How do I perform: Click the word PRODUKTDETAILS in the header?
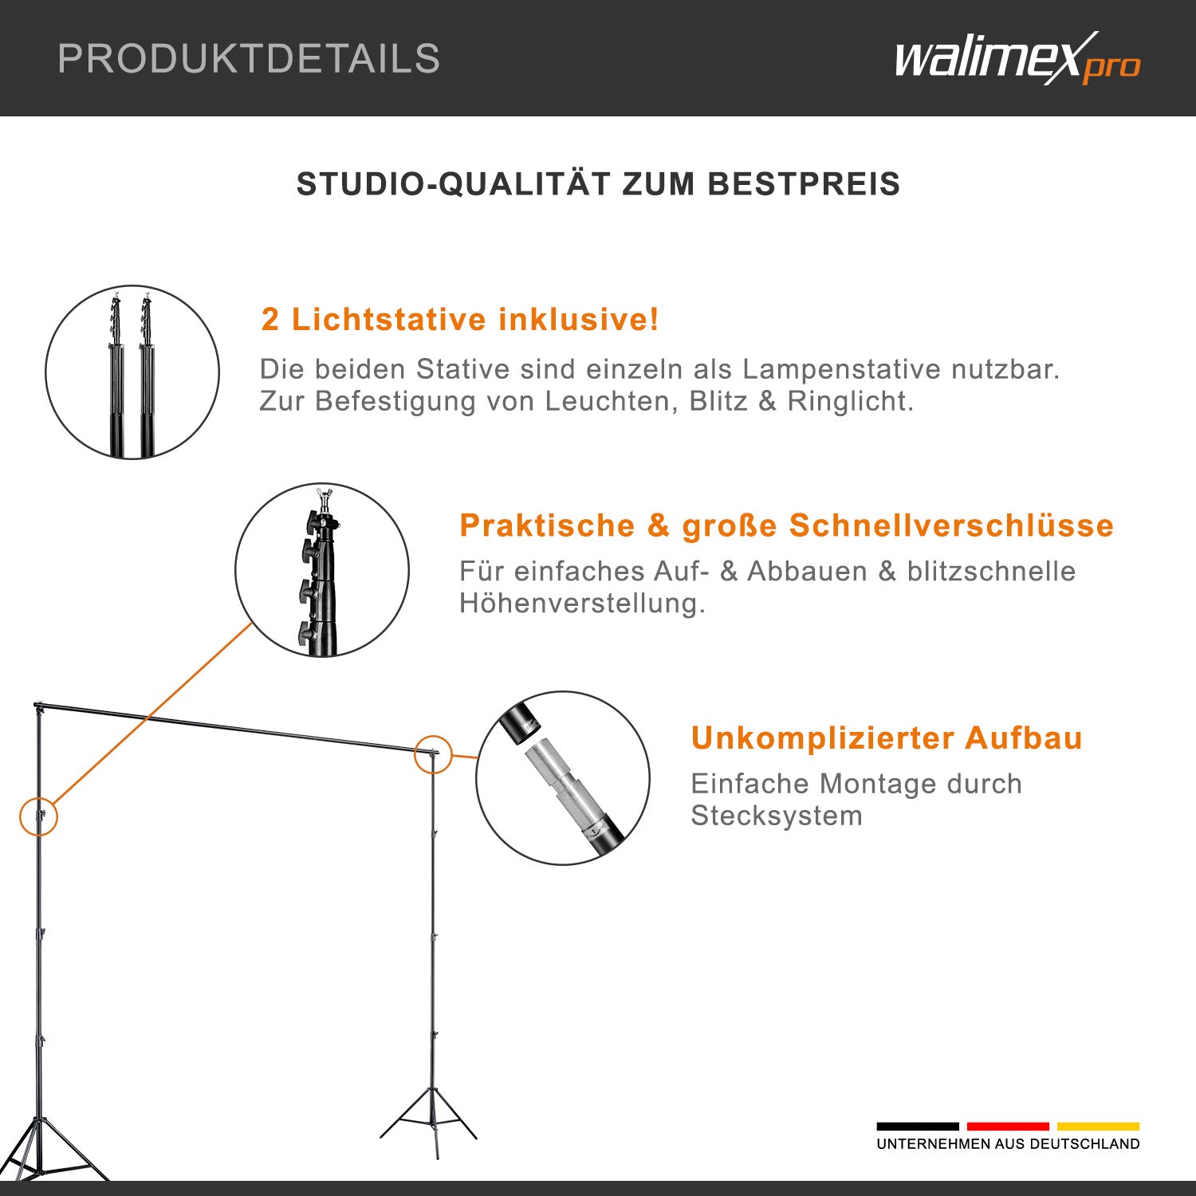(x=249, y=59)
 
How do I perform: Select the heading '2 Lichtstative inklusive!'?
(x=460, y=320)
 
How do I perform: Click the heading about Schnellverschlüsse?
(x=785, y=525)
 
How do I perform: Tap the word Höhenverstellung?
(x=581, y=604)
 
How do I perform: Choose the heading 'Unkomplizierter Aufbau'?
(x=886, y=738)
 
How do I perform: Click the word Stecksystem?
(x=776, y=816)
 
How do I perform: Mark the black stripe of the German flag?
(x=917, y=1127)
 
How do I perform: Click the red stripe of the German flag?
(x=1008, y=1127)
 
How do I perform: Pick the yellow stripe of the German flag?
(x=1098, y=1127)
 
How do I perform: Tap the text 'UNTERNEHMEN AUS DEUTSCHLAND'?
(x=1008, y=1144)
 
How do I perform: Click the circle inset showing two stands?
(x=132, y=372)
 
